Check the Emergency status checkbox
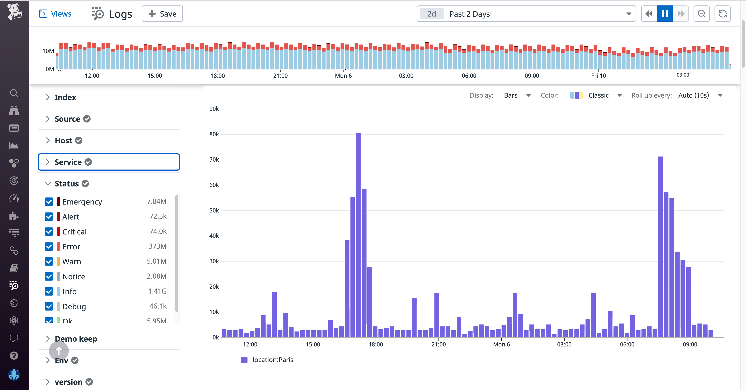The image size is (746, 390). pyautogui.click(x=49, y=202)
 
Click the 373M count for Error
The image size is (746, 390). pyautogui.click(x=157, y=246)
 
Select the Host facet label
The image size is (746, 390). pyautogui.click(x=63, y=141)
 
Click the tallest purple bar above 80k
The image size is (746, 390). pyautogui.click(x=358, y=232)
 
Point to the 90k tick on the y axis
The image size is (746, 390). pyautogui.click(x=214, y=109)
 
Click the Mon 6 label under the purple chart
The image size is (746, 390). pyautogui.click(x=501, y=344)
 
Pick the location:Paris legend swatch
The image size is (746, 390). pyautogui.click(x=244, y=360)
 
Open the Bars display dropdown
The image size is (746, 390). pyautogui.click(x=517, y=95)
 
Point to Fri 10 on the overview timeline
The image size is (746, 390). pyautogui.click(x=598, y=76)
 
